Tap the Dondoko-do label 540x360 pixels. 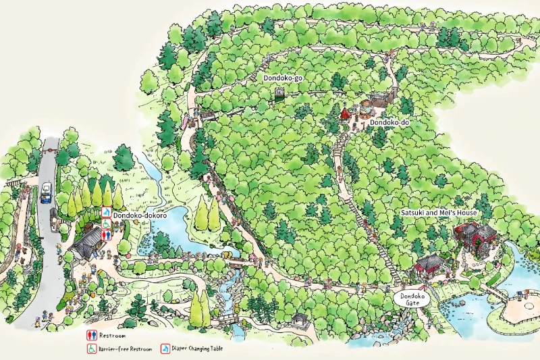tap(389, 122)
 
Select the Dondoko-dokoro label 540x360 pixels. tap(140, 215)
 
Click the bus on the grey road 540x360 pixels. tap(46, 193)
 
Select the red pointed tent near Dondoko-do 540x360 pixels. tap(345, 111)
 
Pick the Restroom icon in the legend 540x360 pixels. tap(90, 335)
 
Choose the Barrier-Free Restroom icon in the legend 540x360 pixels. tap(90, 349)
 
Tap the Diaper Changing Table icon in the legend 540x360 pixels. tap(165, 349)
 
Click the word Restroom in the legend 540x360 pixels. tap(112, 335)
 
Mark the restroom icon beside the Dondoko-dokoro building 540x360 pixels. tap(106, 234)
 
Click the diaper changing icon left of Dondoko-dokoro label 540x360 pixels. tap(106, 212)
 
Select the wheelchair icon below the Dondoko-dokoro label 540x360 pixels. tap(106, 223)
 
